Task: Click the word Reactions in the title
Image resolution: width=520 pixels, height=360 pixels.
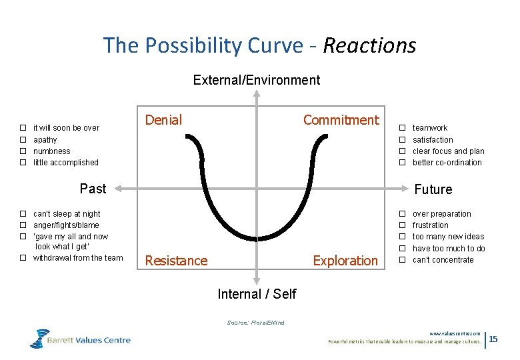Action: point(369,45)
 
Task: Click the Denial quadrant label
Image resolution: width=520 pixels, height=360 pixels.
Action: point(163,120)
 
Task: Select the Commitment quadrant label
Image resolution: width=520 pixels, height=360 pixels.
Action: point(341,120)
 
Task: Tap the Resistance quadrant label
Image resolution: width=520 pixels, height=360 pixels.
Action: point(176,261)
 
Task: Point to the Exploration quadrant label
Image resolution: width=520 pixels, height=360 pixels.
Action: point(345,261)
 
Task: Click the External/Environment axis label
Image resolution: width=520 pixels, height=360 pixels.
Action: point(256,80)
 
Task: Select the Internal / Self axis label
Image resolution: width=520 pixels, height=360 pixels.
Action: point(257,294)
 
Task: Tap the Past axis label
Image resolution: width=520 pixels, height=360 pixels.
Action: point(93,189)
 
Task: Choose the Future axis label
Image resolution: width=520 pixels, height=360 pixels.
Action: point(433,189)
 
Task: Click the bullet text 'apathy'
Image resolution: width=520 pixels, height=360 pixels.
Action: point(45,140)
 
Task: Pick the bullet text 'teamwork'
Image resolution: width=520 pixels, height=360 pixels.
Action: point(430,128)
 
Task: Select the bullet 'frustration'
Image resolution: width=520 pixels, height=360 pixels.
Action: point(431,225)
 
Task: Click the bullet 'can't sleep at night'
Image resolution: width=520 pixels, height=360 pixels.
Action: point(67,214)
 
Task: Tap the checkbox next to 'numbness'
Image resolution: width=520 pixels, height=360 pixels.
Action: point(22,151)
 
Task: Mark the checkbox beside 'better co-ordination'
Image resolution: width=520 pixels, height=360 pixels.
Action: point(402,163)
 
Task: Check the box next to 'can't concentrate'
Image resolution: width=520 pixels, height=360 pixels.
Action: point(402,260)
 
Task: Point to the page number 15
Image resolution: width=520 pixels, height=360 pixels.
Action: point(493,340)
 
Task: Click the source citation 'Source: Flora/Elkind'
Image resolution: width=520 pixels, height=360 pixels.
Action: point(255,323)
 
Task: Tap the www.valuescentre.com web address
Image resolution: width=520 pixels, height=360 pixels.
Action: point(455,333)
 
